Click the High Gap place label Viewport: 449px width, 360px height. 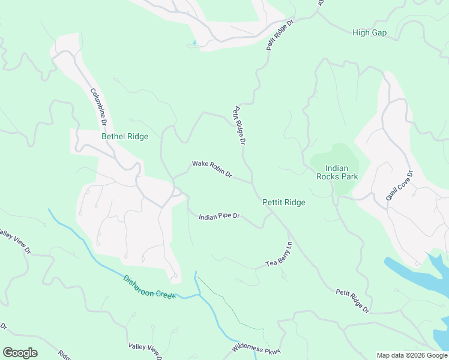pos(369,33)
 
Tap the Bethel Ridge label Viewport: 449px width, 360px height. pos(125,136)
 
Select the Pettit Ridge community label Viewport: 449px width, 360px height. pos(284,202)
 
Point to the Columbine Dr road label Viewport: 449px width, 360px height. pos(98,107)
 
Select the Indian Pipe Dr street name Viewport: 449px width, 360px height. pos(219,216)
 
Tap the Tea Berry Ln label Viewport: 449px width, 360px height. pos(279,255)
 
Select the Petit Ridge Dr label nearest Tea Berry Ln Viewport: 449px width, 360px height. pos(352,301)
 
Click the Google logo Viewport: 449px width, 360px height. pos(20,353)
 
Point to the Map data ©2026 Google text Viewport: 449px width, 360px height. pos(412,355)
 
